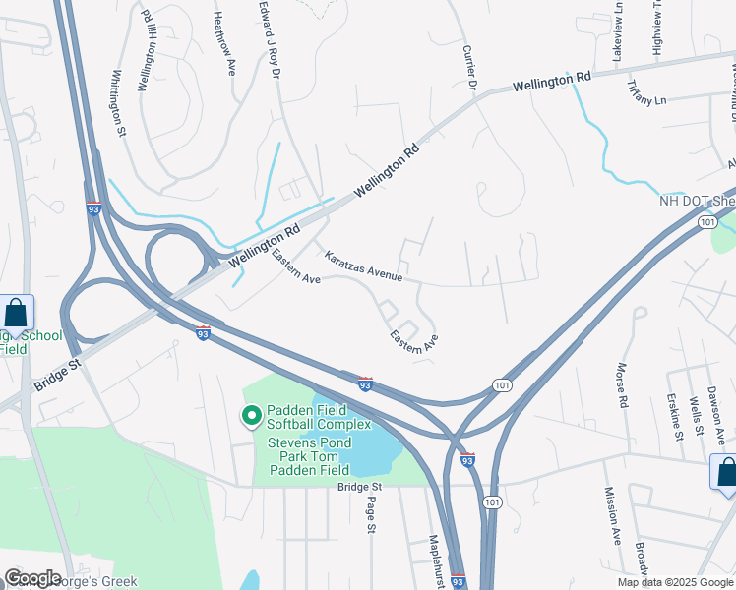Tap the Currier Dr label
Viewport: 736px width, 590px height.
tap(469, 70)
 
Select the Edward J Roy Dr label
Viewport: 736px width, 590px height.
tap(270, 39)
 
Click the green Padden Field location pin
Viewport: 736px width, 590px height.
tap(251, 417)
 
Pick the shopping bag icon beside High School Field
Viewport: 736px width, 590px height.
tap(17, 315)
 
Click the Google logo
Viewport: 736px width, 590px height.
tap(32, 578)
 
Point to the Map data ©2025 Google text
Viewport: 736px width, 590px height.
tap(674, 582)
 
